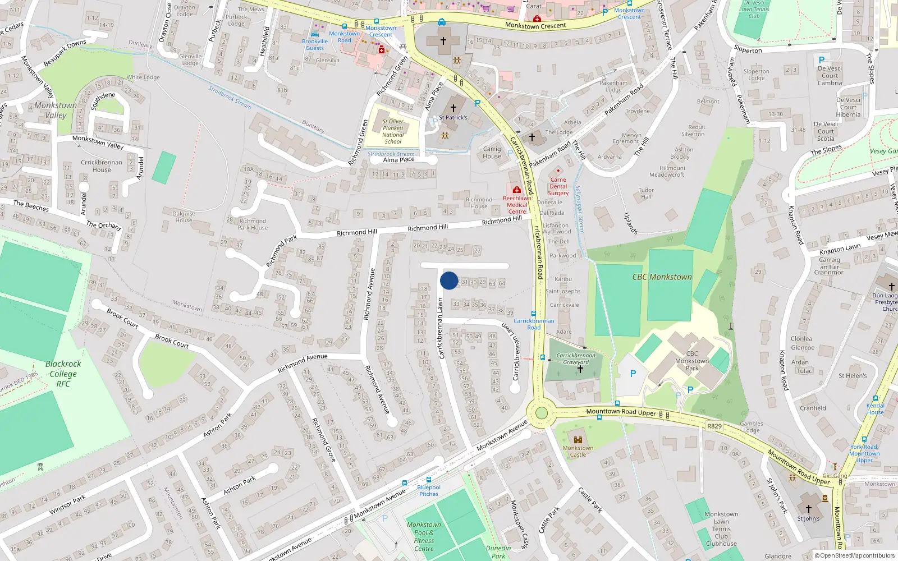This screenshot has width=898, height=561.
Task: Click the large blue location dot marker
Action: (x=449, y=280)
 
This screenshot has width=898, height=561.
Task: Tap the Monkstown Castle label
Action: (x=578, y=451)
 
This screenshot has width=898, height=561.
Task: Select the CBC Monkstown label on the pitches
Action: (x=662, y=277)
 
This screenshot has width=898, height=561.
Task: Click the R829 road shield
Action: (x=714, y=426)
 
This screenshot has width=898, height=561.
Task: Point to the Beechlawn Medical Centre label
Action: (x=517, y=205)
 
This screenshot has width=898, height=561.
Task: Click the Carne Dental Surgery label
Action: (x=558, y=187)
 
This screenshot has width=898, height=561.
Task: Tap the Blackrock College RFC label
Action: (x=63, y=374)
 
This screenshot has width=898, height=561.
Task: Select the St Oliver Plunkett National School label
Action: (x=393, y=131)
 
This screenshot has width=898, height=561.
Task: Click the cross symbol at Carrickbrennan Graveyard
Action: (x=580, y=369)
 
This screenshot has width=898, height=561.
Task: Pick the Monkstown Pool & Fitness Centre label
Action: (x=424, y=537)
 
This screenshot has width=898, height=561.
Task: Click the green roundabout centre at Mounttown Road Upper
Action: (x=541, y=413)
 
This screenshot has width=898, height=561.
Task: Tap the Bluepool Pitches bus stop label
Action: (x=429, y=490)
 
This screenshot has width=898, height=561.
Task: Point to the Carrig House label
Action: (x=492, y=153)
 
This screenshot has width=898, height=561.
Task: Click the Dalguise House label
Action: (x=184, y=217)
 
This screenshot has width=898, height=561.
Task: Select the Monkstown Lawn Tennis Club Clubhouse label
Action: (x=721, y=529)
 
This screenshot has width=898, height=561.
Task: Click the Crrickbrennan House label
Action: (x=102, y=166)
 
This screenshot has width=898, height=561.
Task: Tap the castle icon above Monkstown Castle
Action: (x=578, y=440)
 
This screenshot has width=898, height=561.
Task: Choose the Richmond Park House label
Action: (x=253, y=224)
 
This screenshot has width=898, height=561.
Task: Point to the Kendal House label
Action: (x=875, y=409)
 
